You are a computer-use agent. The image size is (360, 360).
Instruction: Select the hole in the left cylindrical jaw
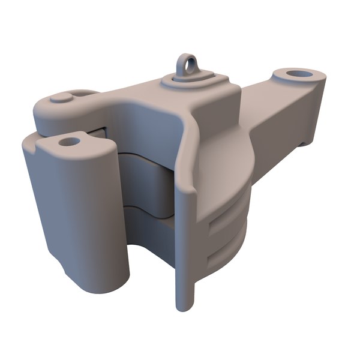[70, 142]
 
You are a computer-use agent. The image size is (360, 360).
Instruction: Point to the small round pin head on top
[60, 97]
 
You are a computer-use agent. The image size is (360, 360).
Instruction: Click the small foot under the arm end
[306, 142]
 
